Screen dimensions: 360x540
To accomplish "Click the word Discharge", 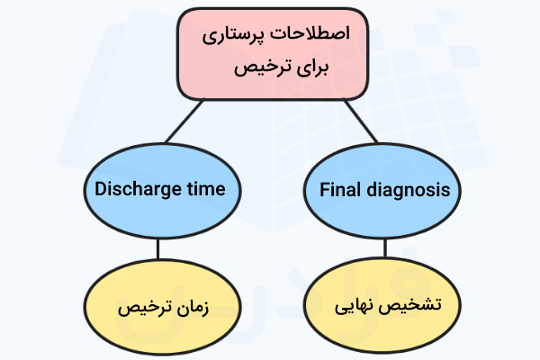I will [132, 190].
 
